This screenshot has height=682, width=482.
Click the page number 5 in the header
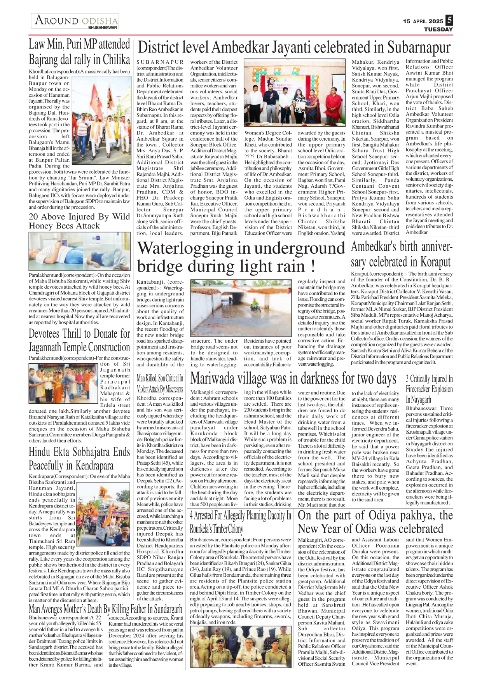point(449,20)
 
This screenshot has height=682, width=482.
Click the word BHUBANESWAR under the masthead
point(103,28)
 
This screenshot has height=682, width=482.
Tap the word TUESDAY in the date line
point(438,30)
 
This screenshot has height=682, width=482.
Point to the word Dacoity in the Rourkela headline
point(276,516)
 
